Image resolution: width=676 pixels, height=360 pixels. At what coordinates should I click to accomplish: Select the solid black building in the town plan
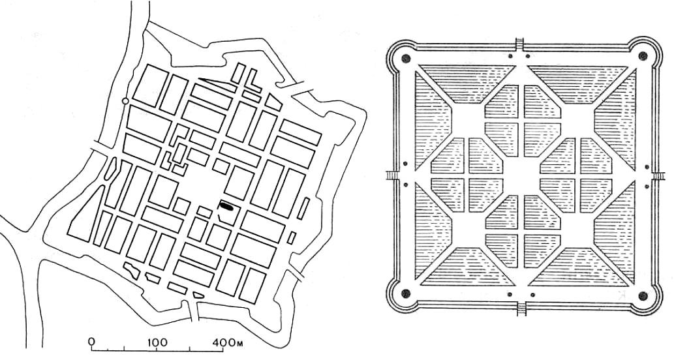click(x=226, y=205)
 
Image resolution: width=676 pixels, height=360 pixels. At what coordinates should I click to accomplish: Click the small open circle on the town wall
click(x=125, y=101)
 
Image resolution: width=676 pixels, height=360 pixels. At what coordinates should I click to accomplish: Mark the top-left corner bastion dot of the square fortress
click(x=405, y=58)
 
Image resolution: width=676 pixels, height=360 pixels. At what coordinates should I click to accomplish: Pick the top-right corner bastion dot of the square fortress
click(x=642, y=55)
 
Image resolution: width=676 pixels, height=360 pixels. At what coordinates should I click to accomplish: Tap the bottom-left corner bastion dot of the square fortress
click(x=405, y=293)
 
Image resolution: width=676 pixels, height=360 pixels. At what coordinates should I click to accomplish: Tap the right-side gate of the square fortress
click(x=659, y=175)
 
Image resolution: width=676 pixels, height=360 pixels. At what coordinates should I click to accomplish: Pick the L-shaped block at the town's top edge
click(x=253, y=80)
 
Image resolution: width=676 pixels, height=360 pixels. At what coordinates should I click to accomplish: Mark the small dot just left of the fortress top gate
click(x=510, y=55)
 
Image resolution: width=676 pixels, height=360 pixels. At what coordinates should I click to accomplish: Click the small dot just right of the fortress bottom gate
click(x=533, y=295)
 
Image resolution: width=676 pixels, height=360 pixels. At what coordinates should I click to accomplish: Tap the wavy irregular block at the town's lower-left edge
click(x=132, y=270)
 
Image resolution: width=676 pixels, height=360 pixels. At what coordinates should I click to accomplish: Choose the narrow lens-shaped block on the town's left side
click(x=110, y=168)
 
